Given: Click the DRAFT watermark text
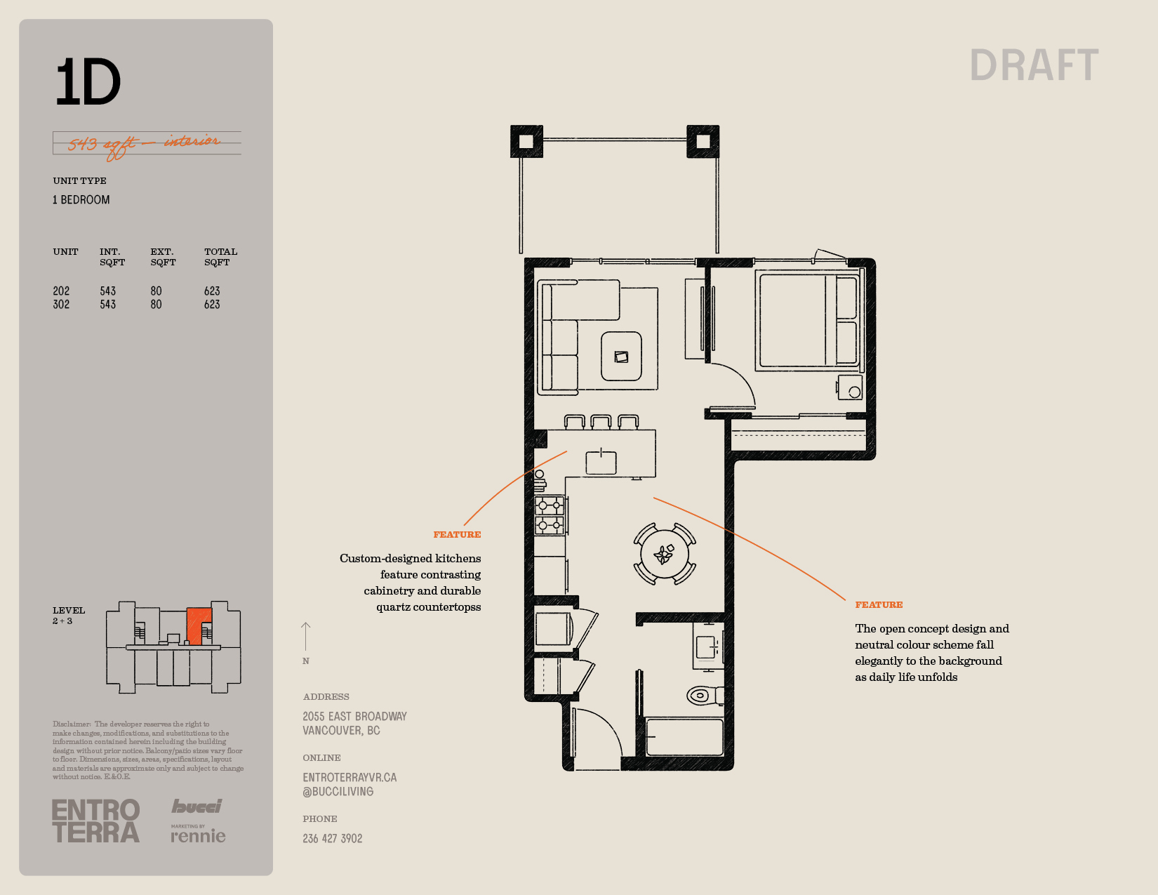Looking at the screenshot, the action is click(x=1034, y=65).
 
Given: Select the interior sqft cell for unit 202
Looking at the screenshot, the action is click(x=107, y=291).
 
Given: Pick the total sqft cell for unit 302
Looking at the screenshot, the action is click(x=212, y=305).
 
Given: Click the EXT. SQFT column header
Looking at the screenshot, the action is click(x=163, y=257).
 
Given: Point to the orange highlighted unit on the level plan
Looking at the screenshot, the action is click(x=199, y=624).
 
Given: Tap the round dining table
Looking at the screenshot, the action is click(x=664, y=555).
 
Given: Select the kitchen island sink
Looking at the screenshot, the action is click(x=601, y=462).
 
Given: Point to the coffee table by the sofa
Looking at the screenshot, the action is click(x=621, y=356).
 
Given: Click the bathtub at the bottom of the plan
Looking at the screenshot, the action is click(x=685, y=737).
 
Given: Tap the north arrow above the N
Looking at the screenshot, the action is click(x=305, y=637).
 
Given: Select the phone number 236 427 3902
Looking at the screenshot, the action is click(x=333, y=839).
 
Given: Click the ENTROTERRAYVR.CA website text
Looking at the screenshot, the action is click(x=350, y=778).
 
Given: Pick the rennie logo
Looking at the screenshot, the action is click(x=198, y=835).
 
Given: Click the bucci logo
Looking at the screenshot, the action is click(x=197, y=806).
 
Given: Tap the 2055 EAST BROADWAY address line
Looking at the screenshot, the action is click(x=355, y=717).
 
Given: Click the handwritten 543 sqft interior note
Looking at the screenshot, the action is click(x=144, y=144).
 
